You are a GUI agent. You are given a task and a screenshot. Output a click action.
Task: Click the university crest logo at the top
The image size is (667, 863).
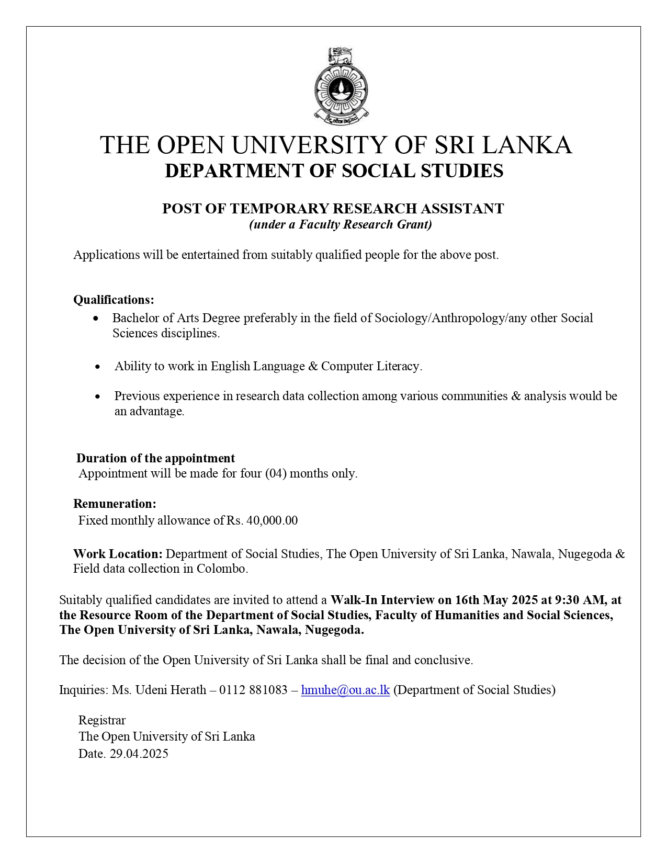[x=341, y=86]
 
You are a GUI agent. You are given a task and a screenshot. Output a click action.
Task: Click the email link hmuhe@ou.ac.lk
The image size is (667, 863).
[x=345, y=690]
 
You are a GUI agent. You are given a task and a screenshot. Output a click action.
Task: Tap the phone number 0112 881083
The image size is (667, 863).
[x=253, y=690]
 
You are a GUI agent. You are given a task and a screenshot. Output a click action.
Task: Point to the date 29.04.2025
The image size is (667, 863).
[x=139, y=754]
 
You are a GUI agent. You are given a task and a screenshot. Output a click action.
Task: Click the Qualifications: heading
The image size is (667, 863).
[x=114, y=300]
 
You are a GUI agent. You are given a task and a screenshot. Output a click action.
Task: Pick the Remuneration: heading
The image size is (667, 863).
[x=115, y=504]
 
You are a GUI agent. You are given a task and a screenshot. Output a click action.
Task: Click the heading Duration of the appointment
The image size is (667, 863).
[x=155, y=458]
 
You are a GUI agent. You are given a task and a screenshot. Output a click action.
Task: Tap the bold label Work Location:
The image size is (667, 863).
[x=118, y=554]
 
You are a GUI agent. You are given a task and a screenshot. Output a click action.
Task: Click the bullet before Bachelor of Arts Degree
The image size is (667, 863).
[x=96, y=319]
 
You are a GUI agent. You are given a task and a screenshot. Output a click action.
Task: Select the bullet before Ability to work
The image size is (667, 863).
[x=98, y=367]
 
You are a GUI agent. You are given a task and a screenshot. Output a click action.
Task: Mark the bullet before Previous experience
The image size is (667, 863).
[x=98, y=396]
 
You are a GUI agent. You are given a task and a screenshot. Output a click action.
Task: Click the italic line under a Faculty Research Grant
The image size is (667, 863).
[x=340, y=225]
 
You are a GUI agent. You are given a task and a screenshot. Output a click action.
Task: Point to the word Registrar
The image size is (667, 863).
[x=102, y=720]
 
